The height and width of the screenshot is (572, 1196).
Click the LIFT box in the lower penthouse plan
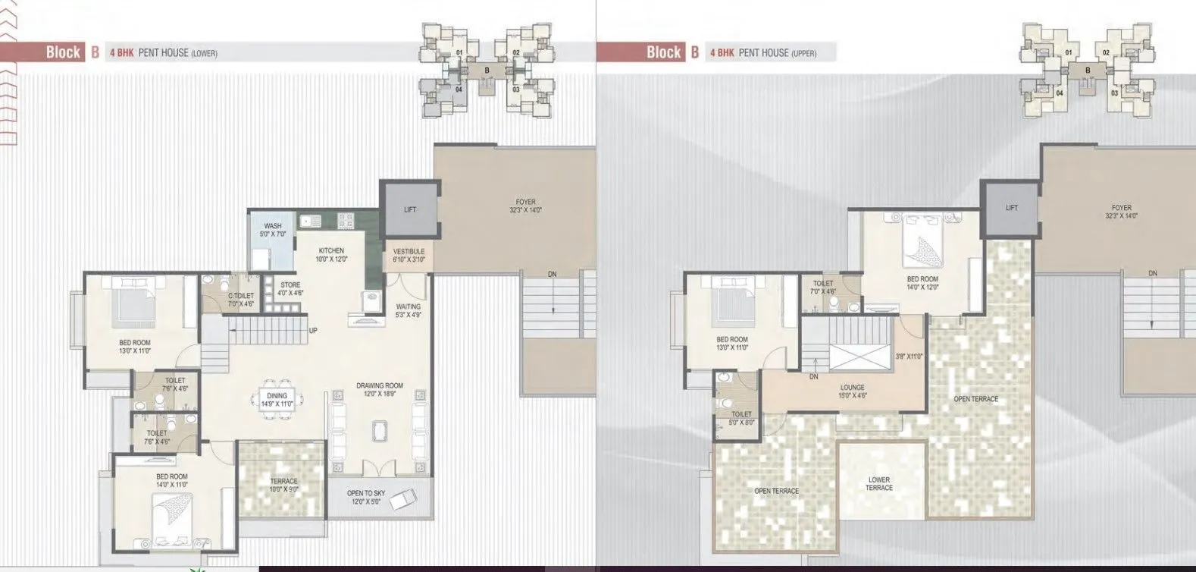coord(409,209)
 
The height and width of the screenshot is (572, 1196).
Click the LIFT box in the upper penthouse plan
coord(1011,208)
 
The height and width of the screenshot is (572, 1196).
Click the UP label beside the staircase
coord(312,331)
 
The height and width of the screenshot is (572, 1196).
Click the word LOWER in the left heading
coord(205,53)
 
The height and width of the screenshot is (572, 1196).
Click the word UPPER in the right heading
coord(804,53)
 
